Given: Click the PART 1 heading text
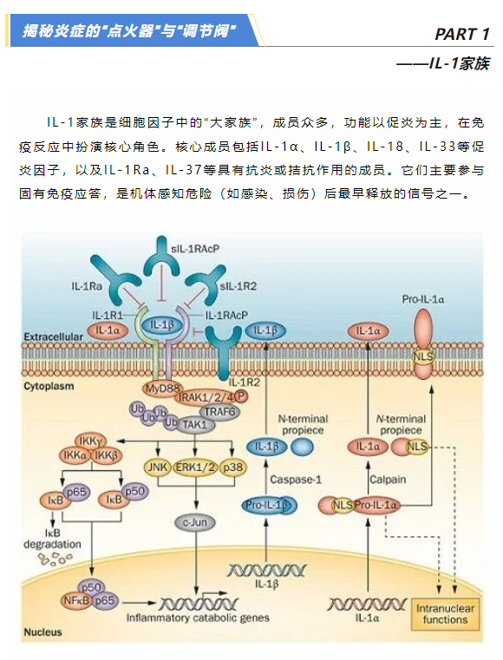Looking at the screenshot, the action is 461,34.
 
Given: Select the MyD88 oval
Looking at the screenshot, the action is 162,389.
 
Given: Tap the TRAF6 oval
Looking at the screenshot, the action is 219,411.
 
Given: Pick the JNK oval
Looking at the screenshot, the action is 157,467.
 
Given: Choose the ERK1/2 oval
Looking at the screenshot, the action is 196,467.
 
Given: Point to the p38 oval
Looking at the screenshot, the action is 232,467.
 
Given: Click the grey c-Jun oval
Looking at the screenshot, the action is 195,522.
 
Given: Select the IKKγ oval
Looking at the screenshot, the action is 90,441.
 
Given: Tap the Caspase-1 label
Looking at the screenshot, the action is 296,480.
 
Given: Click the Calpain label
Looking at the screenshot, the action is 388,480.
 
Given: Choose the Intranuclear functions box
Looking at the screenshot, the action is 445,614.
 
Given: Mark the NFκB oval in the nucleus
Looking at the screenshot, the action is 76,601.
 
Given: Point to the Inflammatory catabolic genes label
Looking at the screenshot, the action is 198,618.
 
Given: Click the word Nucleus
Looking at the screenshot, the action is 42,631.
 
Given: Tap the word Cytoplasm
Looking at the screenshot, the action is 49,386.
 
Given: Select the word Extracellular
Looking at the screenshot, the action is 54,337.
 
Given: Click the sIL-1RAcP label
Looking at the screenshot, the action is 195,249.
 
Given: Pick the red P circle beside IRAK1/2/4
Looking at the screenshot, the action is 241,395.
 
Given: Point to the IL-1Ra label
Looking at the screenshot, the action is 87,286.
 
